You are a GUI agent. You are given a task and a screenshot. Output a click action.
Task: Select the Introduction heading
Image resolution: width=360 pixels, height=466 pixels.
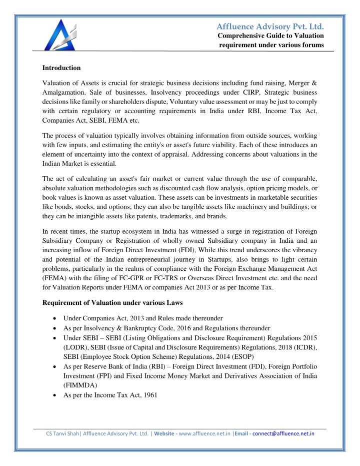pos(61,68)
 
